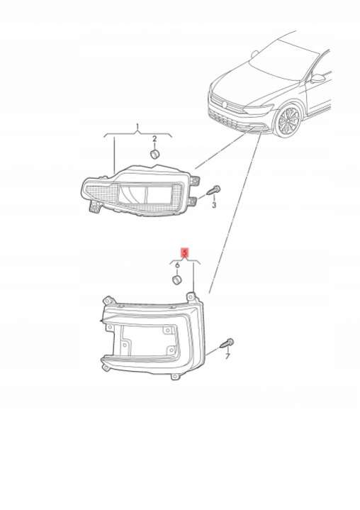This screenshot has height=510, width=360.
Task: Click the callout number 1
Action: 137,126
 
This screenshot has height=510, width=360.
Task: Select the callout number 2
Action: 154,139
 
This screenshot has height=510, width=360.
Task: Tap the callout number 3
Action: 214,205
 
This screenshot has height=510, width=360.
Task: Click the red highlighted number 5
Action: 184,253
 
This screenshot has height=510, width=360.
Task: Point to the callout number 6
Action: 177,265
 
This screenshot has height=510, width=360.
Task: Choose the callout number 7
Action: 227,356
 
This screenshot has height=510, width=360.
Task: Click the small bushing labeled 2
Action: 156,154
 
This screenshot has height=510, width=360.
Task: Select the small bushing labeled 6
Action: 176,279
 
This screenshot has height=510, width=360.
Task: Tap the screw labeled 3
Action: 213,190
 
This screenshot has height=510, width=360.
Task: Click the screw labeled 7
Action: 227,343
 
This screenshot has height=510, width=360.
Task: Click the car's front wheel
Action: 288,121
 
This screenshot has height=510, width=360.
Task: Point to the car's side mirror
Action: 317,79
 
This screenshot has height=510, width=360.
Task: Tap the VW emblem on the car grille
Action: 224,104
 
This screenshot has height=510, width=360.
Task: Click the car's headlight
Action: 258,109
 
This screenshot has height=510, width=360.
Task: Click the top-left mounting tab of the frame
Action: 109,300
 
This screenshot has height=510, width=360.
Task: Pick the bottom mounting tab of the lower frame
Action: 175,377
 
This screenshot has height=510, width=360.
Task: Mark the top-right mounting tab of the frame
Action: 191,296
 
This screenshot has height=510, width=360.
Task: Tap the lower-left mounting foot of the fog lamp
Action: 95,207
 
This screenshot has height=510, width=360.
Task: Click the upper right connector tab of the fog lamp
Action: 196,181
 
